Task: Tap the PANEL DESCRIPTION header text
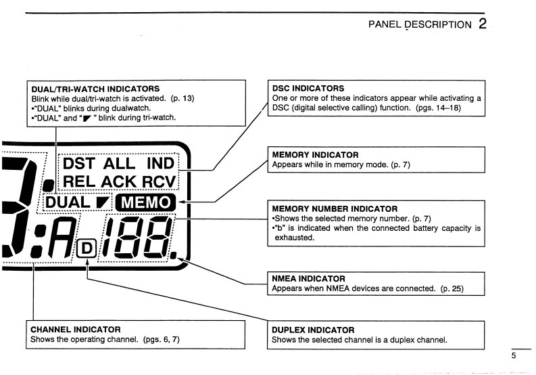(x=418, y=25)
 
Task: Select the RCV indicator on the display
(x=157, y=182)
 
